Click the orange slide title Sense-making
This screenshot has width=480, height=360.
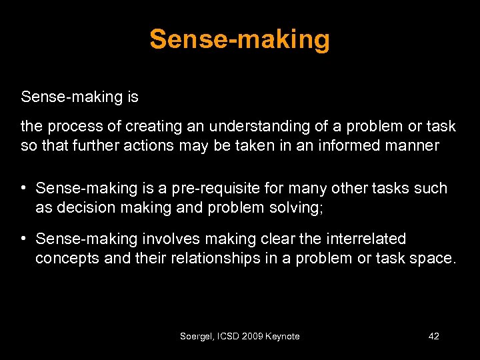coord(239,40)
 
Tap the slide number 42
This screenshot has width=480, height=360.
coord(433,336)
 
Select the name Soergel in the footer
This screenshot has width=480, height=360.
coord(196,336)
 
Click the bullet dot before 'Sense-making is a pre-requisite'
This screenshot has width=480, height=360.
coord(24,189)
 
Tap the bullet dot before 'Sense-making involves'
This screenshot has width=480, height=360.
coord(24,239)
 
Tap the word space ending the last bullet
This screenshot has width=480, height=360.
coord(433,259)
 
